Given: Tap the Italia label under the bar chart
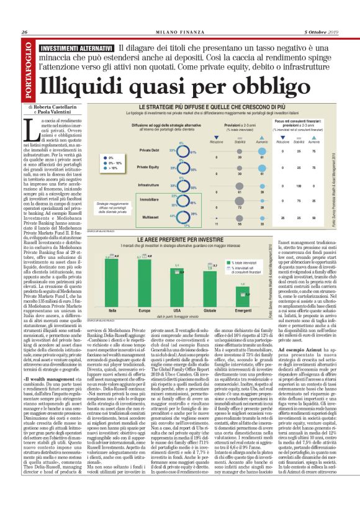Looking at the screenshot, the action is click(x=114, y=309).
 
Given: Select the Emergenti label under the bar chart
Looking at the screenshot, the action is click(x=243, y=309).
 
